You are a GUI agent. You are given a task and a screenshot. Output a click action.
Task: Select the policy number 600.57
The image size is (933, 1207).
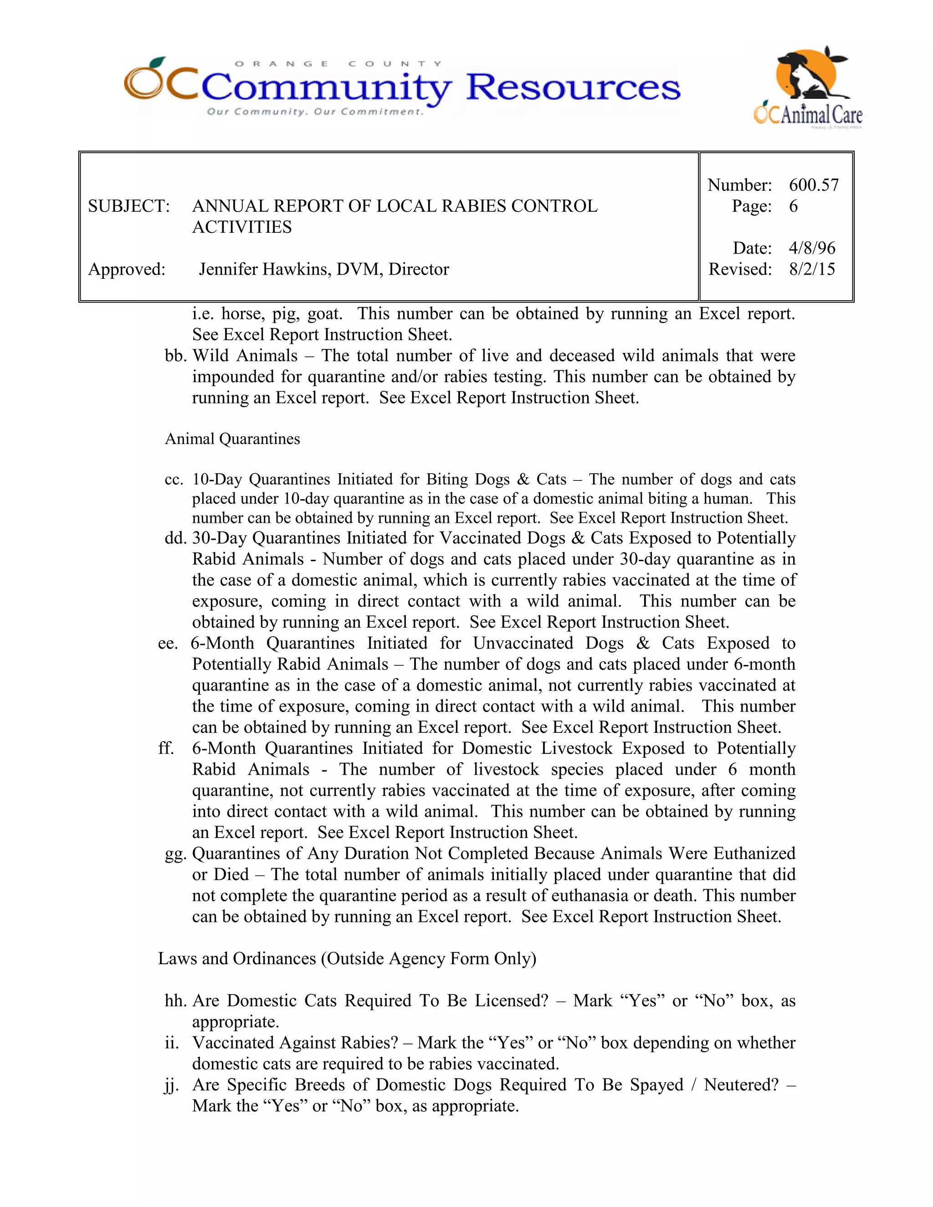point(814,184)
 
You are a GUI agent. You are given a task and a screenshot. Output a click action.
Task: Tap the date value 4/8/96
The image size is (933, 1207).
point(811,248)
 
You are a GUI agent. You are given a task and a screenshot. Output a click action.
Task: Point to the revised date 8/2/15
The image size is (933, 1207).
point(811,269)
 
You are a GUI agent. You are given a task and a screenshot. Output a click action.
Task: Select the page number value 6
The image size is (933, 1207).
point(793,206)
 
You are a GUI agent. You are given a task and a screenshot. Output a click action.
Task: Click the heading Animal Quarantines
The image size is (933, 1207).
point(232,439)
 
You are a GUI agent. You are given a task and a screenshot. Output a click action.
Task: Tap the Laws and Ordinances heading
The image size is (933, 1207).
point(347,958)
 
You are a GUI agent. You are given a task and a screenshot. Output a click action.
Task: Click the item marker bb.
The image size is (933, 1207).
point(175,356)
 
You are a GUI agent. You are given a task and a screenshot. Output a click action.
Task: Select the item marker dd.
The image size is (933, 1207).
point(175,538)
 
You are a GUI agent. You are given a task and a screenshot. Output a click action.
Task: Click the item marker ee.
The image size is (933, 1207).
point(168,643)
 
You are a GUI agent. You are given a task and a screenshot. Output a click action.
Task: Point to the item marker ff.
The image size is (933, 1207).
point(166,748)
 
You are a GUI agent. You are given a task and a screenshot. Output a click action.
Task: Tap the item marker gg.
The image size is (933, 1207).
point(175,854)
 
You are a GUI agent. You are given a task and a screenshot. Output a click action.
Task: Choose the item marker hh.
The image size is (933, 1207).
point(175,1001)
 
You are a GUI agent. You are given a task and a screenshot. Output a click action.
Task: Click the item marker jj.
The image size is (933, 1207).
point(171,1085)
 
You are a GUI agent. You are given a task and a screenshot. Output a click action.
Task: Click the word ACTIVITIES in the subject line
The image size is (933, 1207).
point(241,227)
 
